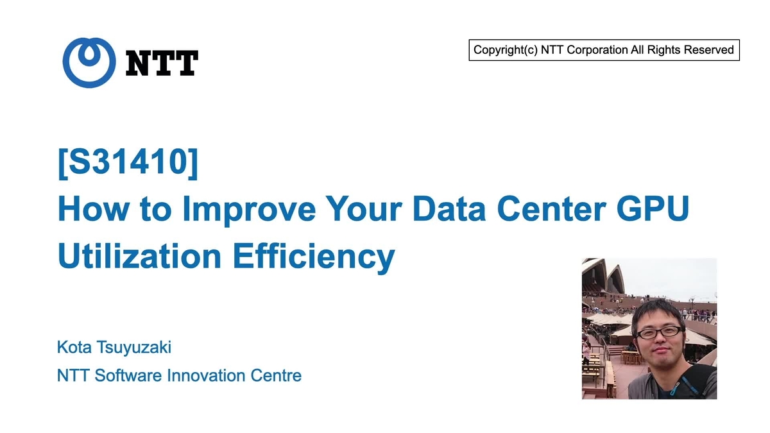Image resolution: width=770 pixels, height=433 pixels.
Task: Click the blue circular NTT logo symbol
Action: (89, 62)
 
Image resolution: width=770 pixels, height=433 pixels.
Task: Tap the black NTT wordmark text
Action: (162, 63)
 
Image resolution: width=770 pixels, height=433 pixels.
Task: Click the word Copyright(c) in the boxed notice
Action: (505, 50)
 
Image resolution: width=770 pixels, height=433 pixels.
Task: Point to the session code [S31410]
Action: (128, 164)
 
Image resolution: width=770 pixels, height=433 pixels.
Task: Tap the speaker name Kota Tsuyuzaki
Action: (114, 348)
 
